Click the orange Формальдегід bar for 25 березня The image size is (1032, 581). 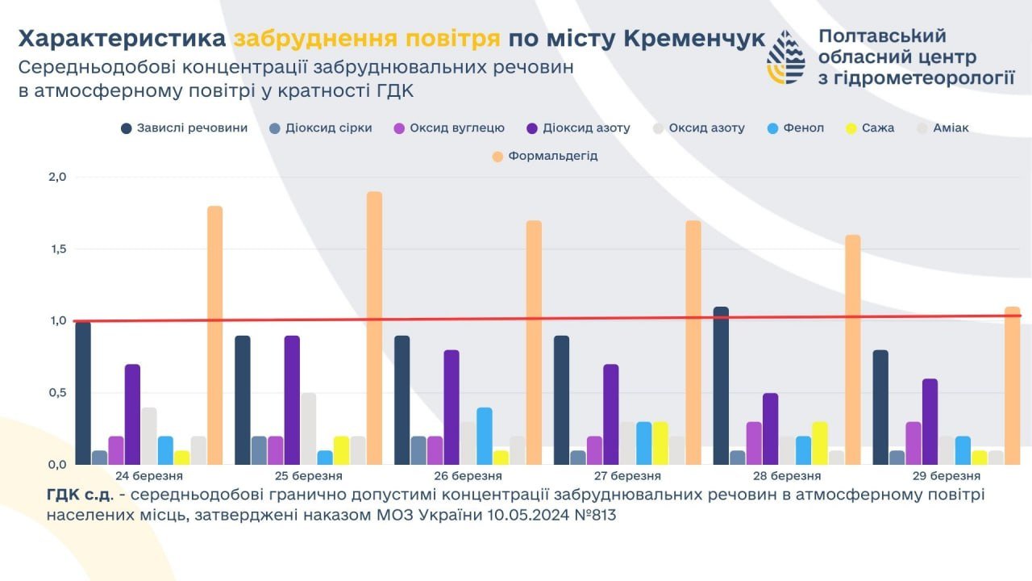point(374,328)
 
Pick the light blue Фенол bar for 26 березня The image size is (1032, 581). point(485,436)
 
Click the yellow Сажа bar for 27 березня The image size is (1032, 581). point(660,443)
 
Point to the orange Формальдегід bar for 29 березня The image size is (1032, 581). point(1013,386)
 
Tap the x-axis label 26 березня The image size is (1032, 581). point(471,476)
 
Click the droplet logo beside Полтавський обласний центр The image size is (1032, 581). point(785,58)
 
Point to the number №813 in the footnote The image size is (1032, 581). point(593,515)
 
